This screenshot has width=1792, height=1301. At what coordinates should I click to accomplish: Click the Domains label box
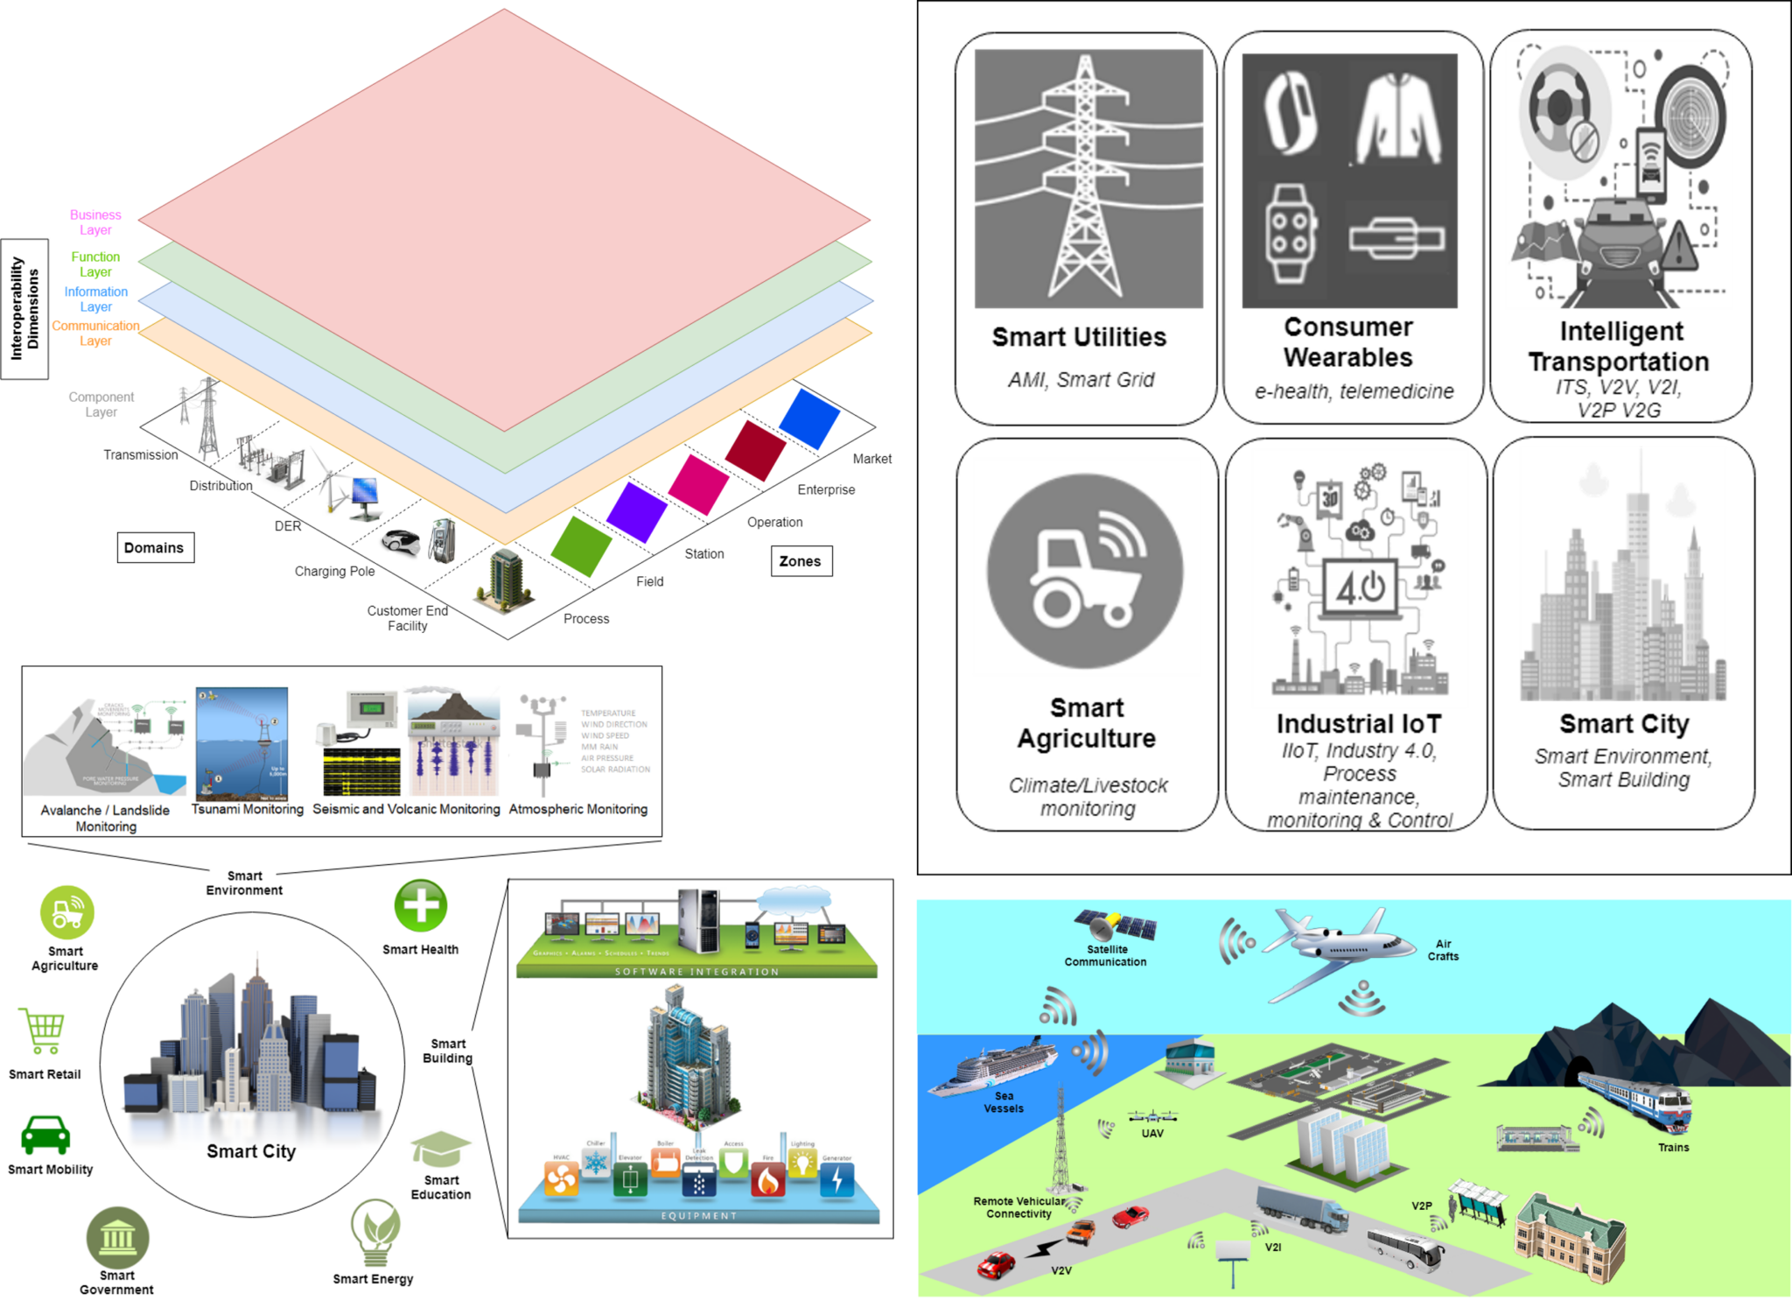(155, 547)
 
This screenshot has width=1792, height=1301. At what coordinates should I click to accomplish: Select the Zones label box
(801, 561)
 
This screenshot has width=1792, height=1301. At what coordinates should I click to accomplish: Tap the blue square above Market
(808, 418)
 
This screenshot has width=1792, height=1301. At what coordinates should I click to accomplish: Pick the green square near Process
(580, 546)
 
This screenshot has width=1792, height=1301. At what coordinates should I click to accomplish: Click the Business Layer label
(95, 222)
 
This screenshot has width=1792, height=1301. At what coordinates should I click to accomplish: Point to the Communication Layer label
(95, 333)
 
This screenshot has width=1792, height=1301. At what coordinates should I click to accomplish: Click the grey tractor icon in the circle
(1085, 568)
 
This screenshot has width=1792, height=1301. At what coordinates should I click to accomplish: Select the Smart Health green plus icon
(421, 905)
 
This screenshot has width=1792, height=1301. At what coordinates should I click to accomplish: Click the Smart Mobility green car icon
(45, 1135)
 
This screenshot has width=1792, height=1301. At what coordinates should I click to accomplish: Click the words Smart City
(251, 1151)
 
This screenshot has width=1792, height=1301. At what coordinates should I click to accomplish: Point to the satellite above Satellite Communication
(1116, 925)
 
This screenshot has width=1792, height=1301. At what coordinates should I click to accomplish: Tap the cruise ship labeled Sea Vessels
(992, 1067)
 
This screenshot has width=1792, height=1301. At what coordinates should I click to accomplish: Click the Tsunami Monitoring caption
(248, 809)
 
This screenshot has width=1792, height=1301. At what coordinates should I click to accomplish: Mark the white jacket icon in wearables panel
(1397, 117)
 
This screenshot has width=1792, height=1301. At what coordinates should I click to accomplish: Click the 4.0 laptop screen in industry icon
(1360, 587)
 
